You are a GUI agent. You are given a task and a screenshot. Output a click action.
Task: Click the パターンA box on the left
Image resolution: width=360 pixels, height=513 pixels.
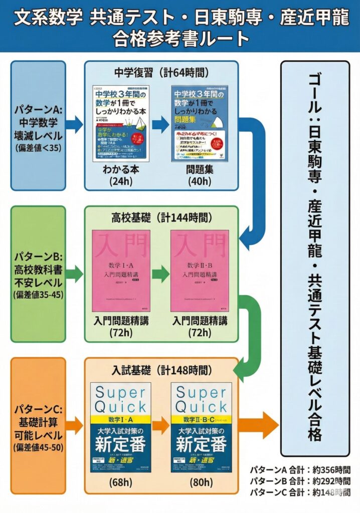point(37,125)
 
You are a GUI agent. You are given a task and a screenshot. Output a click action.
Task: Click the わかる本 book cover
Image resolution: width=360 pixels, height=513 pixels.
point(121,123)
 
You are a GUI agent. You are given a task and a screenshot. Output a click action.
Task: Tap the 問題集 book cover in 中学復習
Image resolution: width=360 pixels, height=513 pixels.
point(199,123)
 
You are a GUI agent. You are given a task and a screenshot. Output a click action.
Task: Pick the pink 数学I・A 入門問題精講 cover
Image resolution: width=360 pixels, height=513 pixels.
point(121,271)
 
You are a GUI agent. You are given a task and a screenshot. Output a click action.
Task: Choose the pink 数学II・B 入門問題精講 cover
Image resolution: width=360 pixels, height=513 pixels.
point(199,271)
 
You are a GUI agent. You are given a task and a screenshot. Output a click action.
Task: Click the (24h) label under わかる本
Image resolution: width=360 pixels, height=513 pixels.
point(121,181)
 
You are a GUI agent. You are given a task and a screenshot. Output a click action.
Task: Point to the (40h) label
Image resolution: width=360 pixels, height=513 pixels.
point(199,181)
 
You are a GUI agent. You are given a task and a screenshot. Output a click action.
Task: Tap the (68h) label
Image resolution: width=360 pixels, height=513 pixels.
point(121,483)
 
